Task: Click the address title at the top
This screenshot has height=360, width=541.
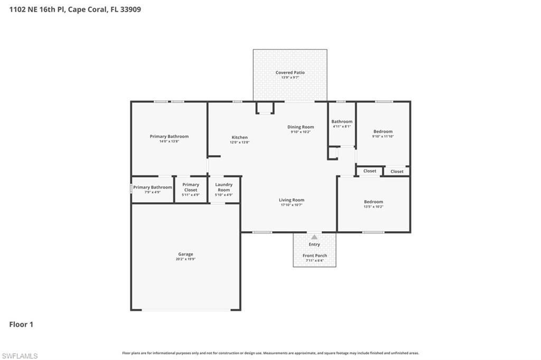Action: click(x=75, y=9)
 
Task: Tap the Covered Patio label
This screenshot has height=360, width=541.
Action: click(x=290, y=72)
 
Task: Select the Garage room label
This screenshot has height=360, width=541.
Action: click(x=185, y=254)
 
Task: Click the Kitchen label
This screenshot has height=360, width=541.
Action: click(x=239, y=137)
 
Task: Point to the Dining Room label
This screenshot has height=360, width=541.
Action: click(x=301, y=127)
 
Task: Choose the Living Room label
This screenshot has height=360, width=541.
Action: click(x=292, y=200)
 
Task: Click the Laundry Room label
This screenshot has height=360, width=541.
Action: click(x=224, y=187)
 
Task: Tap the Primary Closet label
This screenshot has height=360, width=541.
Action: click(x=191, y=187)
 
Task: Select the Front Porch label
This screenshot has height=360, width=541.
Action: click(x=314, y=255)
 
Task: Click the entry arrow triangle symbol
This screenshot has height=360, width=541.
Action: click(x=314, y=237)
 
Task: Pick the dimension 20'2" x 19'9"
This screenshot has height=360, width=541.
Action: click(x=185, y=259)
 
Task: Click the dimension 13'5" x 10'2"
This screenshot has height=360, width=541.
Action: click(x=374, y=206)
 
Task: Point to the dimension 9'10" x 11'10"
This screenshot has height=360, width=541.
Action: click(x=383, y=136)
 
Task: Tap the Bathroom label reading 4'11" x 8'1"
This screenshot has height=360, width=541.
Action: click(x=342, y=121)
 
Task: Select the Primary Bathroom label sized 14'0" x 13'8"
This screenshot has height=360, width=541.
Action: click(x=169, y=136)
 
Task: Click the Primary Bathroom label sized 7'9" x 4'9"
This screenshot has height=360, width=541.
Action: click(x=152, y=187)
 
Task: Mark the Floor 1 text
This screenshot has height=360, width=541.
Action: click(x=21, y=324)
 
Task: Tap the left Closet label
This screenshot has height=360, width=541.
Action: click(x=370, y=171)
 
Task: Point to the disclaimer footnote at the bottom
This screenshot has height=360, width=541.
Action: click(x=270, y=353)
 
